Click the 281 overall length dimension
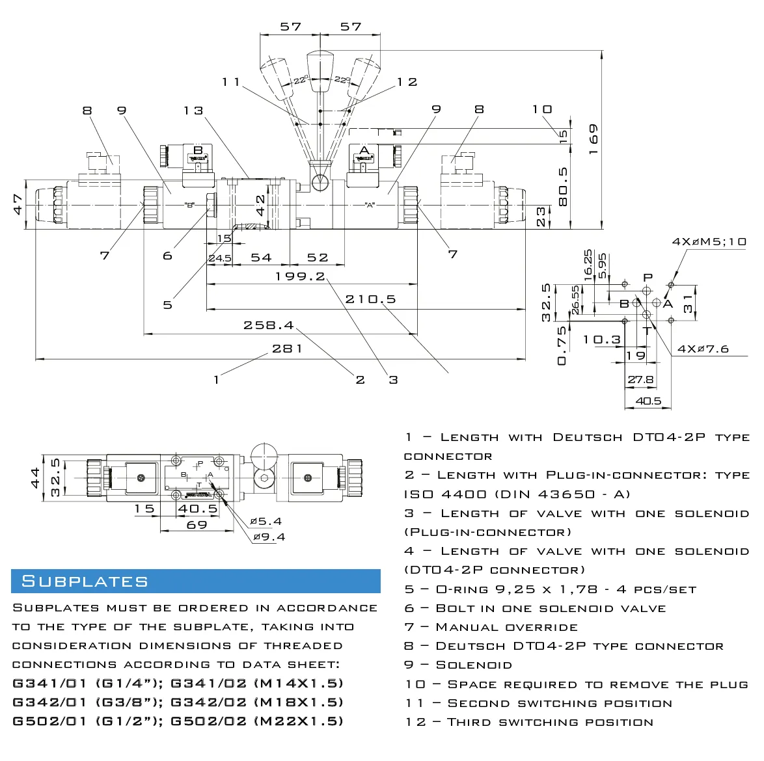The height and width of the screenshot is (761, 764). pyautogui.click(x=287, y=349)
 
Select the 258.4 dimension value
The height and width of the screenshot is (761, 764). pyautogui.click(x=269, y=325)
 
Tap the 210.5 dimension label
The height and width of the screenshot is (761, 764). pyautogui.click(x=370, y=299)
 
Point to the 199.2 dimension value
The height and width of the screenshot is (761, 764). pyautogui.click(x=299, y=276)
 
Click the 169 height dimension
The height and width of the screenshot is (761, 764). pyautogui.click(x=593, y=139)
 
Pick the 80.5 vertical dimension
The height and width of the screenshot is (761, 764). pyautogui.click(x=563, y=187)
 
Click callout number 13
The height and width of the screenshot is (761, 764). pyautogui.click(x=193, y=111)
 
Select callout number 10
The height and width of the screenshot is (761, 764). pyautogui.click(x=542, y=109)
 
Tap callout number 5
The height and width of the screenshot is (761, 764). pyautogui.click(x=168, y=305)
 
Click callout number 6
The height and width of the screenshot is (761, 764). pyautogui.click(x=168, y=256)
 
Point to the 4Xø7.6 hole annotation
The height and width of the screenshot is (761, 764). pyautogui.click(x=703, y=349)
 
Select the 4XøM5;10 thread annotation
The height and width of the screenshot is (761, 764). pyautogui.click(x=709, y=241)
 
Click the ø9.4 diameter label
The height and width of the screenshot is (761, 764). pyautogui.click(x=269, y=537)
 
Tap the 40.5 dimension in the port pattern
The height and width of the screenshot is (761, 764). pyautogui.click(x=648, y=401)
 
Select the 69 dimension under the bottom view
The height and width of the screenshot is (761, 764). pyautogui.click(x=197, y=525)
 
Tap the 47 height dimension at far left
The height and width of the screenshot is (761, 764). pyautogui.click(x=18, y=204)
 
